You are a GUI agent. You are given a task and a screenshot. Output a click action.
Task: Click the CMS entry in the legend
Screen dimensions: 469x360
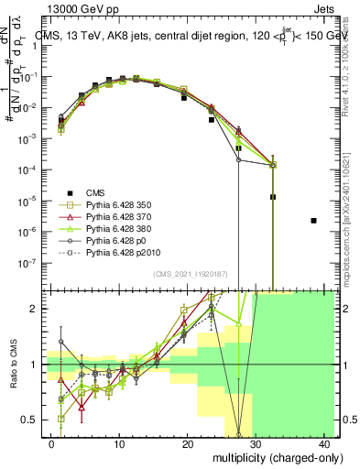tap(96, 192)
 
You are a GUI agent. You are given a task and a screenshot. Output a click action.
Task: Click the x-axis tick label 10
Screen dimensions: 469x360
tap(119, 443)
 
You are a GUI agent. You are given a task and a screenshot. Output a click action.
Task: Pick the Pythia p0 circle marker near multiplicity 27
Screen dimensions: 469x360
tap(238, 160)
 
